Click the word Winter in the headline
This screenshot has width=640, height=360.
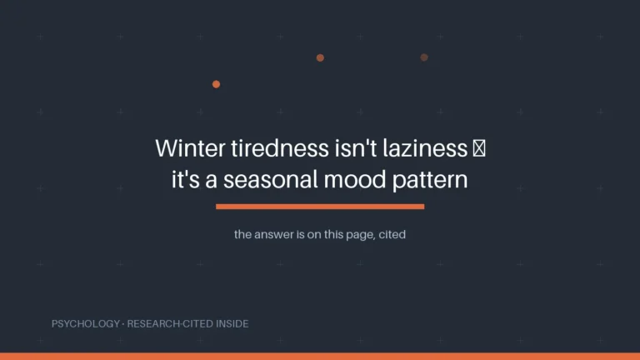coord(190,147)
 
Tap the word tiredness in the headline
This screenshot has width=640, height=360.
coord(280,147)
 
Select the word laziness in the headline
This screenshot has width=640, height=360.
coord(425,147)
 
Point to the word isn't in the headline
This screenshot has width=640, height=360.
coord(356,147)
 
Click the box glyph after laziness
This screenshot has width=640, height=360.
coord(479,148)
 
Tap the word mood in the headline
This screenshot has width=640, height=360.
coord(355,180)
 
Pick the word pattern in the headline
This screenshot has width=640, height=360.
coord(430,180)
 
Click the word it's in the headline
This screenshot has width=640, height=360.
coord(186,180)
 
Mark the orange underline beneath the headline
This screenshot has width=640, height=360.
coord(320,207)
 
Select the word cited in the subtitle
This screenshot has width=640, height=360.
coord(392,234)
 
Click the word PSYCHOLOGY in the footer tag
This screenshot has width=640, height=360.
coord(86,323)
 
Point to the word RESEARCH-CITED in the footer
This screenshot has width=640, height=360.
coord(170,323)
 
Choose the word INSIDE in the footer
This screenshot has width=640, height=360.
coord(232,323)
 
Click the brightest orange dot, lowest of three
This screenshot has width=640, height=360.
coord(217,84)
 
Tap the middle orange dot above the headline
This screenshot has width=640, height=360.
coord(320,58)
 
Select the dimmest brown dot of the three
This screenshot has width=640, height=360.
coord(424,57)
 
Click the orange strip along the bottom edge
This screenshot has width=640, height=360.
coord(320,357)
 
